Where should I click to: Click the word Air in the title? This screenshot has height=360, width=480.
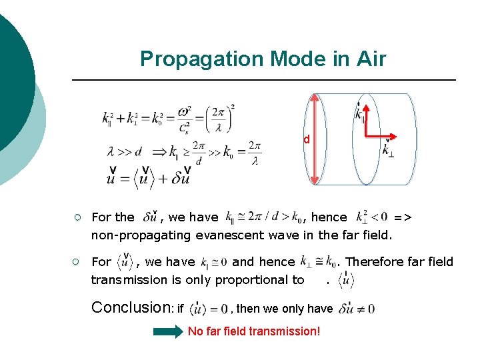371,59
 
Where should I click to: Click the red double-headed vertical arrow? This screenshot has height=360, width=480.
315,140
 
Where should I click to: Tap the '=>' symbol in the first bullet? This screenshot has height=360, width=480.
403,217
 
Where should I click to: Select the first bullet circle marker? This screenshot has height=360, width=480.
78,217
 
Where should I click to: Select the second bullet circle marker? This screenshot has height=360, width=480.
78,262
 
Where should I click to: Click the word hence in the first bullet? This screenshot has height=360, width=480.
329,217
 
